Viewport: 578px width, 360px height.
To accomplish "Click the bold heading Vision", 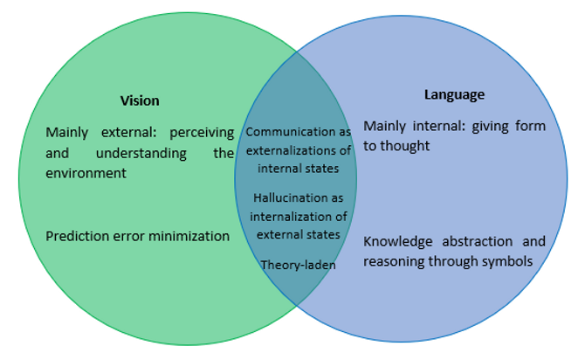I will pos(140,100).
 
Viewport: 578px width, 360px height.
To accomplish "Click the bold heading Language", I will pos(454,94).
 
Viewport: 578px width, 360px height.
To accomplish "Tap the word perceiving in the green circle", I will pos(202,133).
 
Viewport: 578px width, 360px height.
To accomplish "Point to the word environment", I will pos(86,173).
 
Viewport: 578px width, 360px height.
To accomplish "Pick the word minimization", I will pos(189,235).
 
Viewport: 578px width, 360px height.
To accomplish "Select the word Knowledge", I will pos(396,241).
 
